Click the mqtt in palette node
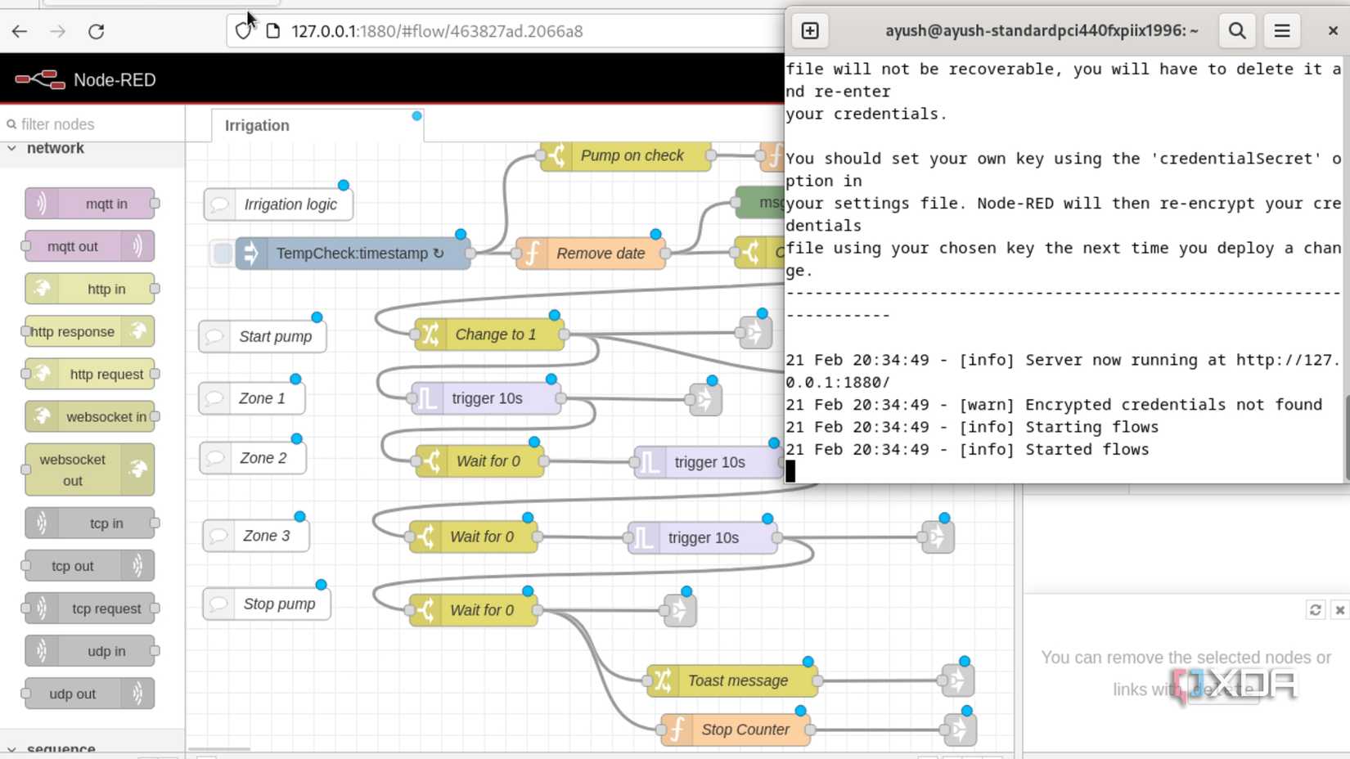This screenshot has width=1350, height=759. pyautogui.click(x=90, y=204)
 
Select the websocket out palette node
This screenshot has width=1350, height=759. pyautogui.click(x=89, y=469)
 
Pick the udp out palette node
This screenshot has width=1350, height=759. pyautogui.click(x=89, y=694)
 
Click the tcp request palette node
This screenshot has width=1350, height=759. pyautogui.click(x=90, y=609)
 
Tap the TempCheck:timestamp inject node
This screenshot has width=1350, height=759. pyautogui.click(x=352, y=254)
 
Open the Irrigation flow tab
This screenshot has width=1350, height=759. pyautogui.click(x=258, y=125)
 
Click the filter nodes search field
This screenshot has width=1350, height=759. pyautogui.click(x=94, y=124)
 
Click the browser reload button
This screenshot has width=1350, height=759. pyautogui.click(x=97, y=31)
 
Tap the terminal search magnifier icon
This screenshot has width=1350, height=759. pyautogui.click(x=1237, y=31)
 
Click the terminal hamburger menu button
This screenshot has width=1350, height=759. pyautogui.click(x=1282, y=31)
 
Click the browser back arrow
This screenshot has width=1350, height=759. pyautogui.click(x=20, y=31)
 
